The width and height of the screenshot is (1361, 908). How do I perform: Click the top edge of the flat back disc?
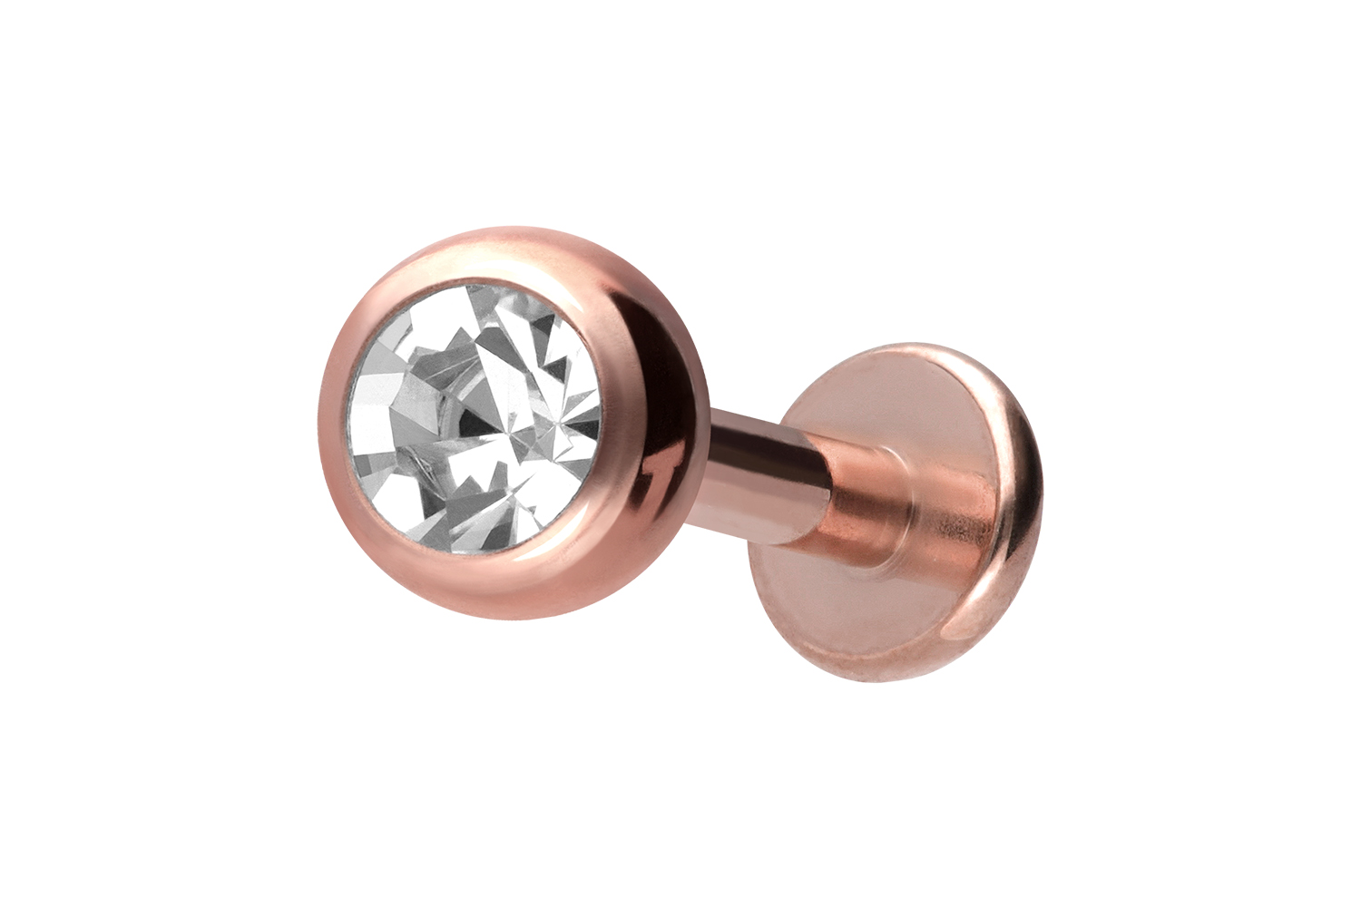[x=916, y=346]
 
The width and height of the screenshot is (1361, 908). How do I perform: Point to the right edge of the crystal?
[x=602, y=417]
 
